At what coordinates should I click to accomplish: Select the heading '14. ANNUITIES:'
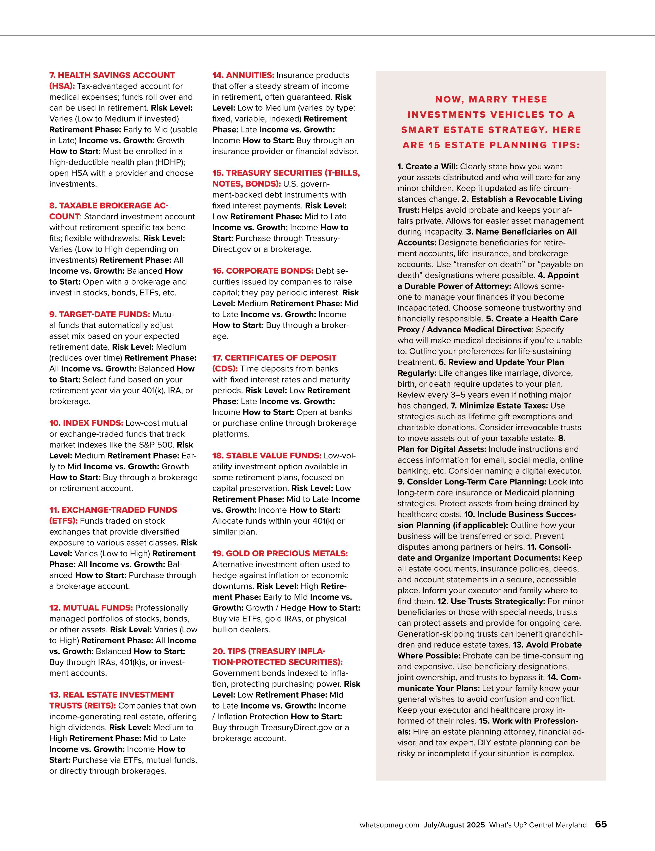[x=243, y=75]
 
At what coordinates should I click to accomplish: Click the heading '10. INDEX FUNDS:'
[x=86, y=423]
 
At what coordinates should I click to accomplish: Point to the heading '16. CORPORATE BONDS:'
[x=263, y=271]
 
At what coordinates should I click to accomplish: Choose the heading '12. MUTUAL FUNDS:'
[x=91, y=608]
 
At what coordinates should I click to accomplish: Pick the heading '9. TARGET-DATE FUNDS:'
[x=99, y=314]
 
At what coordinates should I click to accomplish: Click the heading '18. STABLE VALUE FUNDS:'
[x=267, y=456]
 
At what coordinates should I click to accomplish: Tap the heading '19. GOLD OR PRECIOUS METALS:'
[x=280, y=553]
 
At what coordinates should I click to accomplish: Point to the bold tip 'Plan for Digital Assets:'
[x=442, y=449]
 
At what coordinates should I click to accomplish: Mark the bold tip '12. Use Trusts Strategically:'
[x=491, y=601]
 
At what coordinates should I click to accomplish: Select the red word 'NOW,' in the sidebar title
[x=449, y=99]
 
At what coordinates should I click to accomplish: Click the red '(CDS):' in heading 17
[x=225, y=369]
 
